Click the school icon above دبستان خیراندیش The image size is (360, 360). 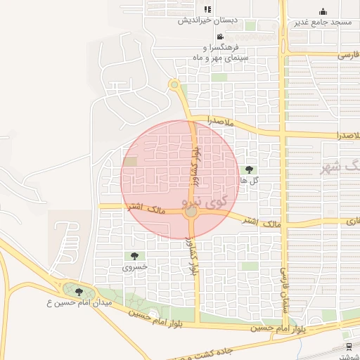[x=207, y=9]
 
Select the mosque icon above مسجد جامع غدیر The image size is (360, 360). [x=323, y=11]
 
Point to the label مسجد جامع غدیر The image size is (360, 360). [x=323, y=22]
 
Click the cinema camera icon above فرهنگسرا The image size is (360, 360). [x=220, y=37]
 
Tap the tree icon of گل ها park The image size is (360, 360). [x=249, y=169]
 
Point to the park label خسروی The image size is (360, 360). [x=134, y=268]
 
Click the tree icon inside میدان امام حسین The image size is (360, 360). [x=78, y=291]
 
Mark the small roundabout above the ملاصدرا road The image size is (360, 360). [x=174, y=85]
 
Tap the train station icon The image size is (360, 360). [x=349, y=346]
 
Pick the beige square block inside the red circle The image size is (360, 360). [x=131, y=162]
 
